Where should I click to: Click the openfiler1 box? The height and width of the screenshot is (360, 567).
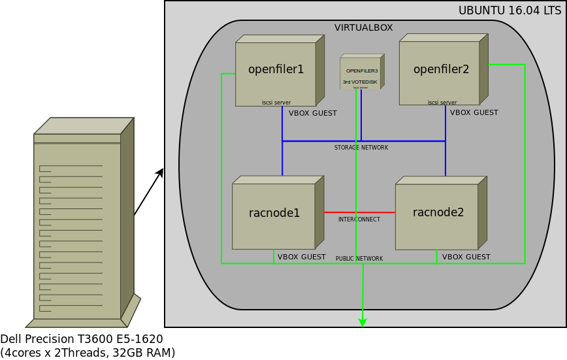point(276,72)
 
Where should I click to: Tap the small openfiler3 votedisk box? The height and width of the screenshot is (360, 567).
point(361,72)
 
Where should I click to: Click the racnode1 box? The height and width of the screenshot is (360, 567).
point(274,214)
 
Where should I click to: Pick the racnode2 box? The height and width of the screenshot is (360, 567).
point(437,214)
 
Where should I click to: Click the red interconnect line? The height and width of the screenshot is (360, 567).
point(359,212)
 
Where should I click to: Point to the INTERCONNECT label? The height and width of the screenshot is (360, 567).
point(359,220)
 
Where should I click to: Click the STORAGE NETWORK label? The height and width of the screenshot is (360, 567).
point(361,148)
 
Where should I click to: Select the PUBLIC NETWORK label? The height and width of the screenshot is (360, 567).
point(359,259)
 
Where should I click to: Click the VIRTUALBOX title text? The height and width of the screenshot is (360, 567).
point(363,27)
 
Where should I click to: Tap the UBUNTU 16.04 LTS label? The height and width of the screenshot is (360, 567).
point(510,10)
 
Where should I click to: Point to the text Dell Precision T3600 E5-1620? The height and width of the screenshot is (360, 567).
point(82,339)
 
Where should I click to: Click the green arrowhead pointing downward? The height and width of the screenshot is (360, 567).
point(363,322)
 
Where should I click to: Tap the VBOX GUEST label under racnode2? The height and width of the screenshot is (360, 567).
point(466,257)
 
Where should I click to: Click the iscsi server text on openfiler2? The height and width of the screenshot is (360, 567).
point(442,103)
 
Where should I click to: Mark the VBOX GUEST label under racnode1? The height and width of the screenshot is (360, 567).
point(301,257)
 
